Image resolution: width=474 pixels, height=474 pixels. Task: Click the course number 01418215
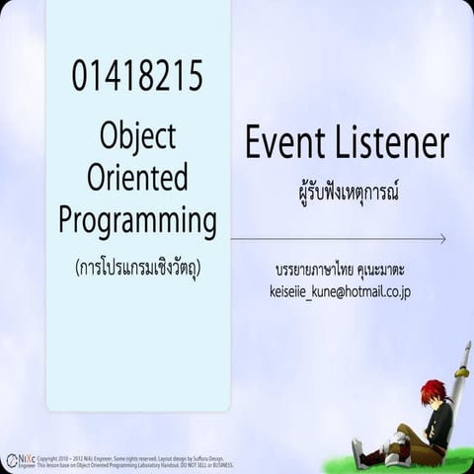(137, 76)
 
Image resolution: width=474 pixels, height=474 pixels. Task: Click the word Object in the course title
(137, 134)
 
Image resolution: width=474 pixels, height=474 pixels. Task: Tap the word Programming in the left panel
(137, 220)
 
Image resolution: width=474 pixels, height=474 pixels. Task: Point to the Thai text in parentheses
(137, 268)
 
